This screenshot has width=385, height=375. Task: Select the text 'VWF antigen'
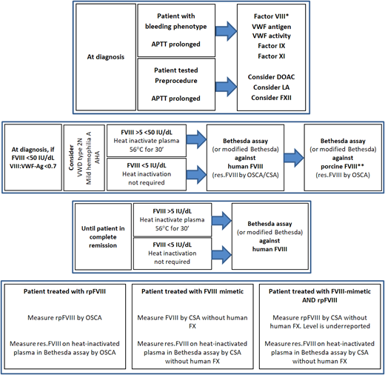tap(275, 26)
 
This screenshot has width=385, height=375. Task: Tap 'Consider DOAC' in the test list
tap(275, 77)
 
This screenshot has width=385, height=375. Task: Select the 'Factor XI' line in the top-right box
tap(275, 57)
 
